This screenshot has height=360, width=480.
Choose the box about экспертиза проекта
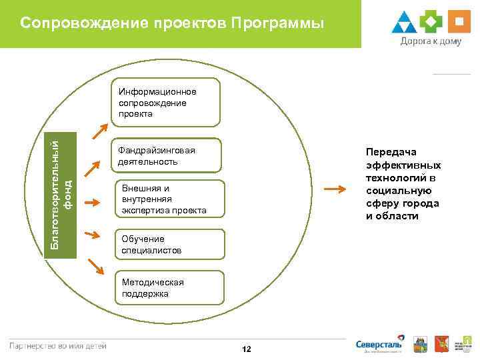[169, 199]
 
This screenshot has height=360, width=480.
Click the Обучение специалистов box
[169, 244]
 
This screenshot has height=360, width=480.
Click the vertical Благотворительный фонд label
[63, 191]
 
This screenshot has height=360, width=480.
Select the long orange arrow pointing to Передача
[339, 189]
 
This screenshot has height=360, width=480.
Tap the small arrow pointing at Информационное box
[99, 130]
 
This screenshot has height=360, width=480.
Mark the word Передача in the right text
[391, 152]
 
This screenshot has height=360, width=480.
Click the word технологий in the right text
[396, 178]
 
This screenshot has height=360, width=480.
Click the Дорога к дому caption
[431, 41]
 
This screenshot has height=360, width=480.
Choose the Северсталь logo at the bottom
[379, 344]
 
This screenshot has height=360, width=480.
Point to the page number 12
[247, 349]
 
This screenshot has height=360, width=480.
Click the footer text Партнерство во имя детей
[57, 345]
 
